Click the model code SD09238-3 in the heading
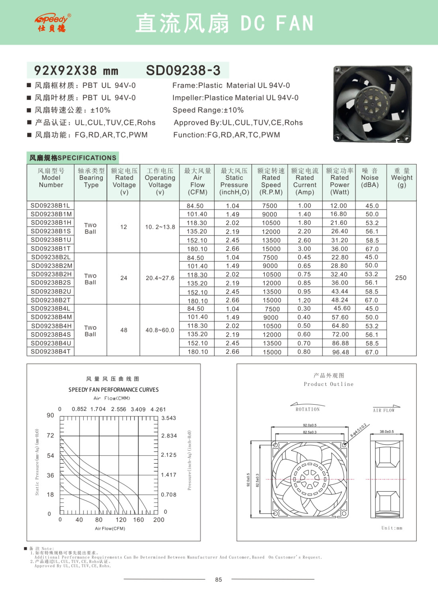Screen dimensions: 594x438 coord(183,70)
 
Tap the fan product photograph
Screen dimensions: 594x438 coord(372,104)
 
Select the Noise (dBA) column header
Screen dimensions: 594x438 coord(370,178)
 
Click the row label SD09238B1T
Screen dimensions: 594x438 coord(51,248)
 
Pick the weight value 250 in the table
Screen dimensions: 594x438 coord(401,278)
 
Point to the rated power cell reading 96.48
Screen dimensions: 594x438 coord(340,352)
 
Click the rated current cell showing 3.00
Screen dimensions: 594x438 coord(305,249)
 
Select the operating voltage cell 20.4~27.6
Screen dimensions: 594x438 coord(160,278)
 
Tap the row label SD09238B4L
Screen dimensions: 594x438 coord(51,308)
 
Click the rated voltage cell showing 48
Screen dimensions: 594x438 coord(124,330)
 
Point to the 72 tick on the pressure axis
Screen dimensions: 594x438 coord(51,436)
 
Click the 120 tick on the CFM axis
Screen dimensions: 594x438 coord(121,520)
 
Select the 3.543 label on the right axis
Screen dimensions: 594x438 coord(169,418)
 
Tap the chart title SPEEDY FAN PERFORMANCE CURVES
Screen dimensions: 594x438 coord(113,390)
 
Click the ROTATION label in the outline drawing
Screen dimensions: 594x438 coord(307,409)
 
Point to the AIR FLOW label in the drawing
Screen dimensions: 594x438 coord(383,410)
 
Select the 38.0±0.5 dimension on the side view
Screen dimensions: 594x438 coord(387,431)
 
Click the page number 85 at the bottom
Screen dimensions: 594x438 coord(219,580)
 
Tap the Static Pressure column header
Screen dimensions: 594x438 coord(234,181)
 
